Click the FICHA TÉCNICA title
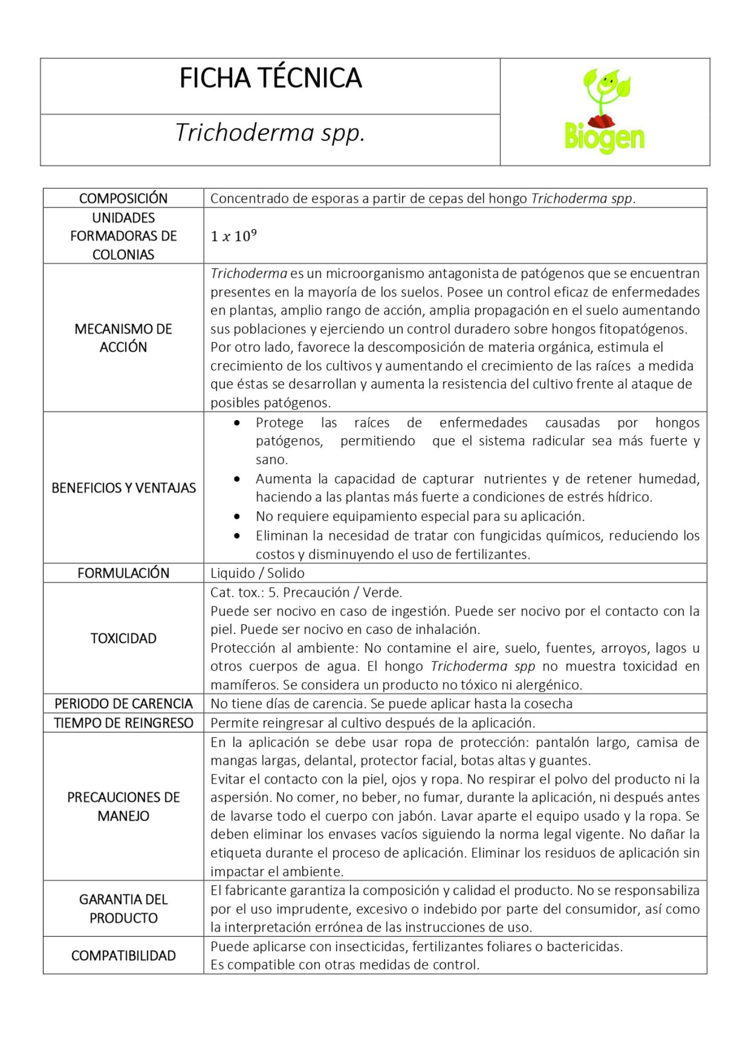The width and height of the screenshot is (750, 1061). (x=271, y=78)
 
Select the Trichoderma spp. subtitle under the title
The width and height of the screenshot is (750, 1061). (x=270, y=133)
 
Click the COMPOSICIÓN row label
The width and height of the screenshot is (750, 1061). (x=123, y=198)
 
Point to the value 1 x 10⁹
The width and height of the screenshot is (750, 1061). (x=233, y=236)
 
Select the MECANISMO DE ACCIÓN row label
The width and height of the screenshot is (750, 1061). (x=123, y=338)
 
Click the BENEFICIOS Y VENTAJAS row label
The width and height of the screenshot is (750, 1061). (x=123, y=488)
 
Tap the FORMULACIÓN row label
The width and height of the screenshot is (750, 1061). (x=123, y=573)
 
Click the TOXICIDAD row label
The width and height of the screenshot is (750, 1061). (x=123, y=638)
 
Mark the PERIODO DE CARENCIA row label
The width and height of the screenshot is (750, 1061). (x=123, y=703)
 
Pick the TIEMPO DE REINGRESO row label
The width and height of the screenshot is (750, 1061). (x=123, y=723)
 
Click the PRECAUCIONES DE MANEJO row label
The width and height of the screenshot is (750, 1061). (x=123, y=806)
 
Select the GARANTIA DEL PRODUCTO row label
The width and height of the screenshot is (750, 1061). (x=123, y=909)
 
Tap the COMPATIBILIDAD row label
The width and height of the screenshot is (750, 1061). (x=123, y=955)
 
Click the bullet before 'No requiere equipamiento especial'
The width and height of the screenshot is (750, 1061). (x=237, y=516)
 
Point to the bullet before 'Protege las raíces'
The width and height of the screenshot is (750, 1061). (x=237, y=423)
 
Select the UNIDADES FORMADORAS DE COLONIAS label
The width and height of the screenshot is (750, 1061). (x=123, y=236)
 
